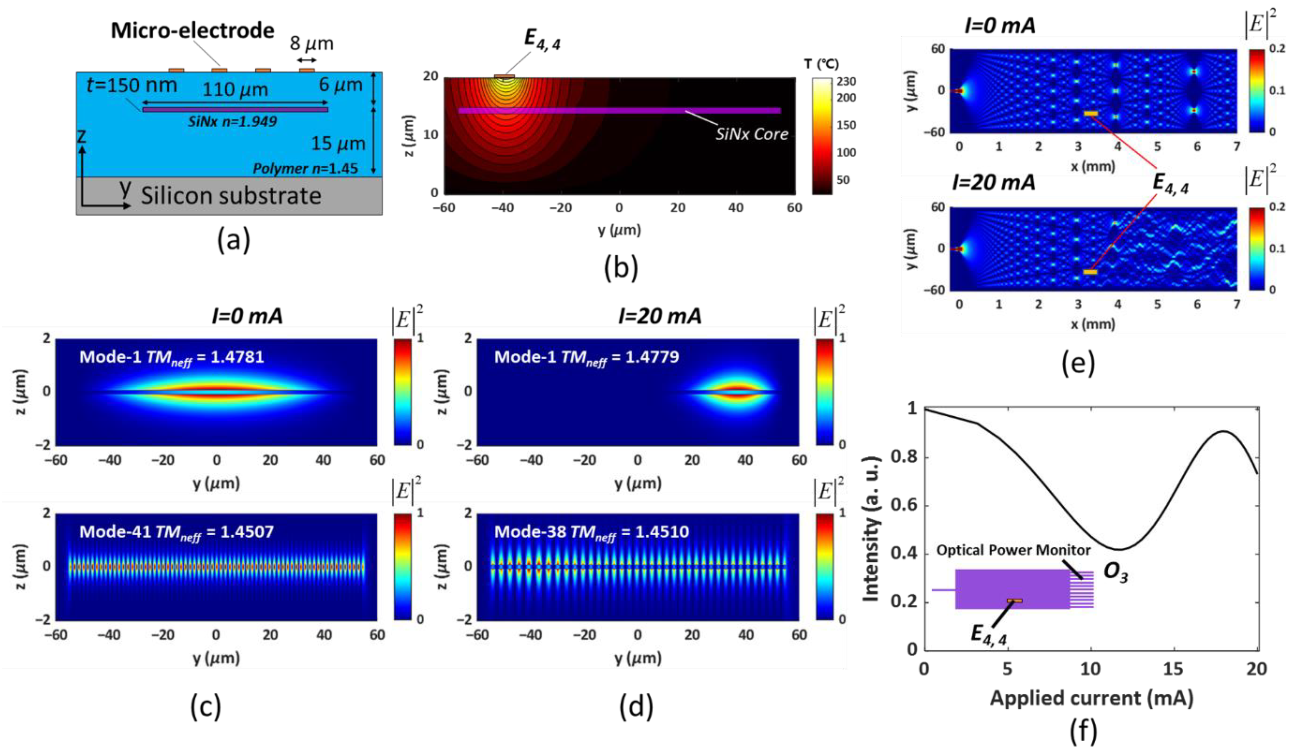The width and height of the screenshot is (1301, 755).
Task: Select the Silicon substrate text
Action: click(x=231, y=196)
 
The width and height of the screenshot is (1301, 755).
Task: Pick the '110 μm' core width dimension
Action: click(x=235, y=90)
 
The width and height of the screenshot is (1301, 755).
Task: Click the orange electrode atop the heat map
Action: click(x=504, y=76)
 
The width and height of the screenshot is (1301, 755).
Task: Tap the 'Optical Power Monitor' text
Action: click(x=1013, y=550)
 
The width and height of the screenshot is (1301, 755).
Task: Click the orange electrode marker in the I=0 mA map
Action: click(x=1090, y=113)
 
